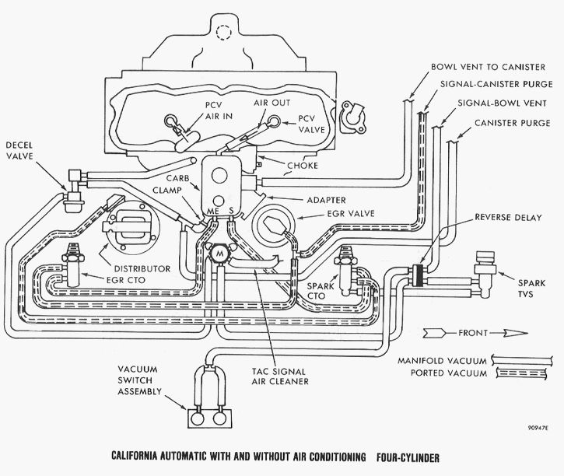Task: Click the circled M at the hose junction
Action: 220,254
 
